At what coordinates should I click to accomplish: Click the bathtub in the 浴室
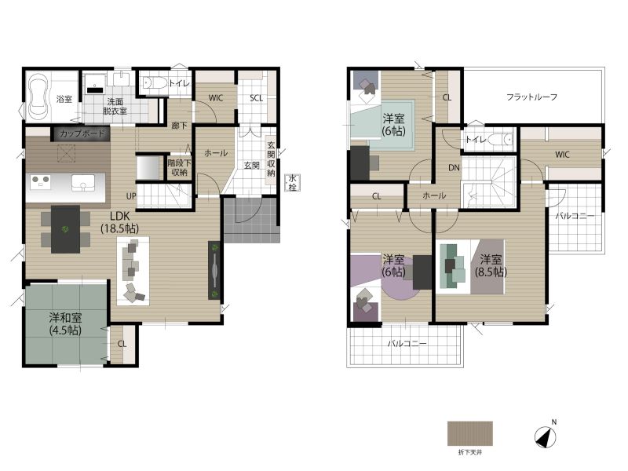point(38,96)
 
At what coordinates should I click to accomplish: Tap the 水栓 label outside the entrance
point(293,183)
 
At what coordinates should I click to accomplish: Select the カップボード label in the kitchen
point(82,133)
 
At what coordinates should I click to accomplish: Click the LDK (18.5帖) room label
point(119,222)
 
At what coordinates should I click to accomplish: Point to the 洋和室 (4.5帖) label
point(65,324)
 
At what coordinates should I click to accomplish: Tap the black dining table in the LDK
point(65,229)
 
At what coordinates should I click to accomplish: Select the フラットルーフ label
point(531,97)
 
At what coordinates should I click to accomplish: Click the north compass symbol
point(545,437)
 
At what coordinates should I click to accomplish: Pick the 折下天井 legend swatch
point(469,433)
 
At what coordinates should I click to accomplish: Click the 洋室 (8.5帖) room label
point(491,265)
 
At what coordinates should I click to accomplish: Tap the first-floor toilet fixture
point(155,82)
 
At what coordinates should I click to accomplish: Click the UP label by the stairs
point(131,196)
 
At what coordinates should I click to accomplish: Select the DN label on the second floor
point(454,168)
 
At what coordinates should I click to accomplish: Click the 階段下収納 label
point(179,167)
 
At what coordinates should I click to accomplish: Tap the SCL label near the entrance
point(257,98)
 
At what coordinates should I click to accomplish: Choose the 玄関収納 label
point(271,159)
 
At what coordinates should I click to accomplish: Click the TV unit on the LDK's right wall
point(214,270)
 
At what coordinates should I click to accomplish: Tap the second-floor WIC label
point(562,154)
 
